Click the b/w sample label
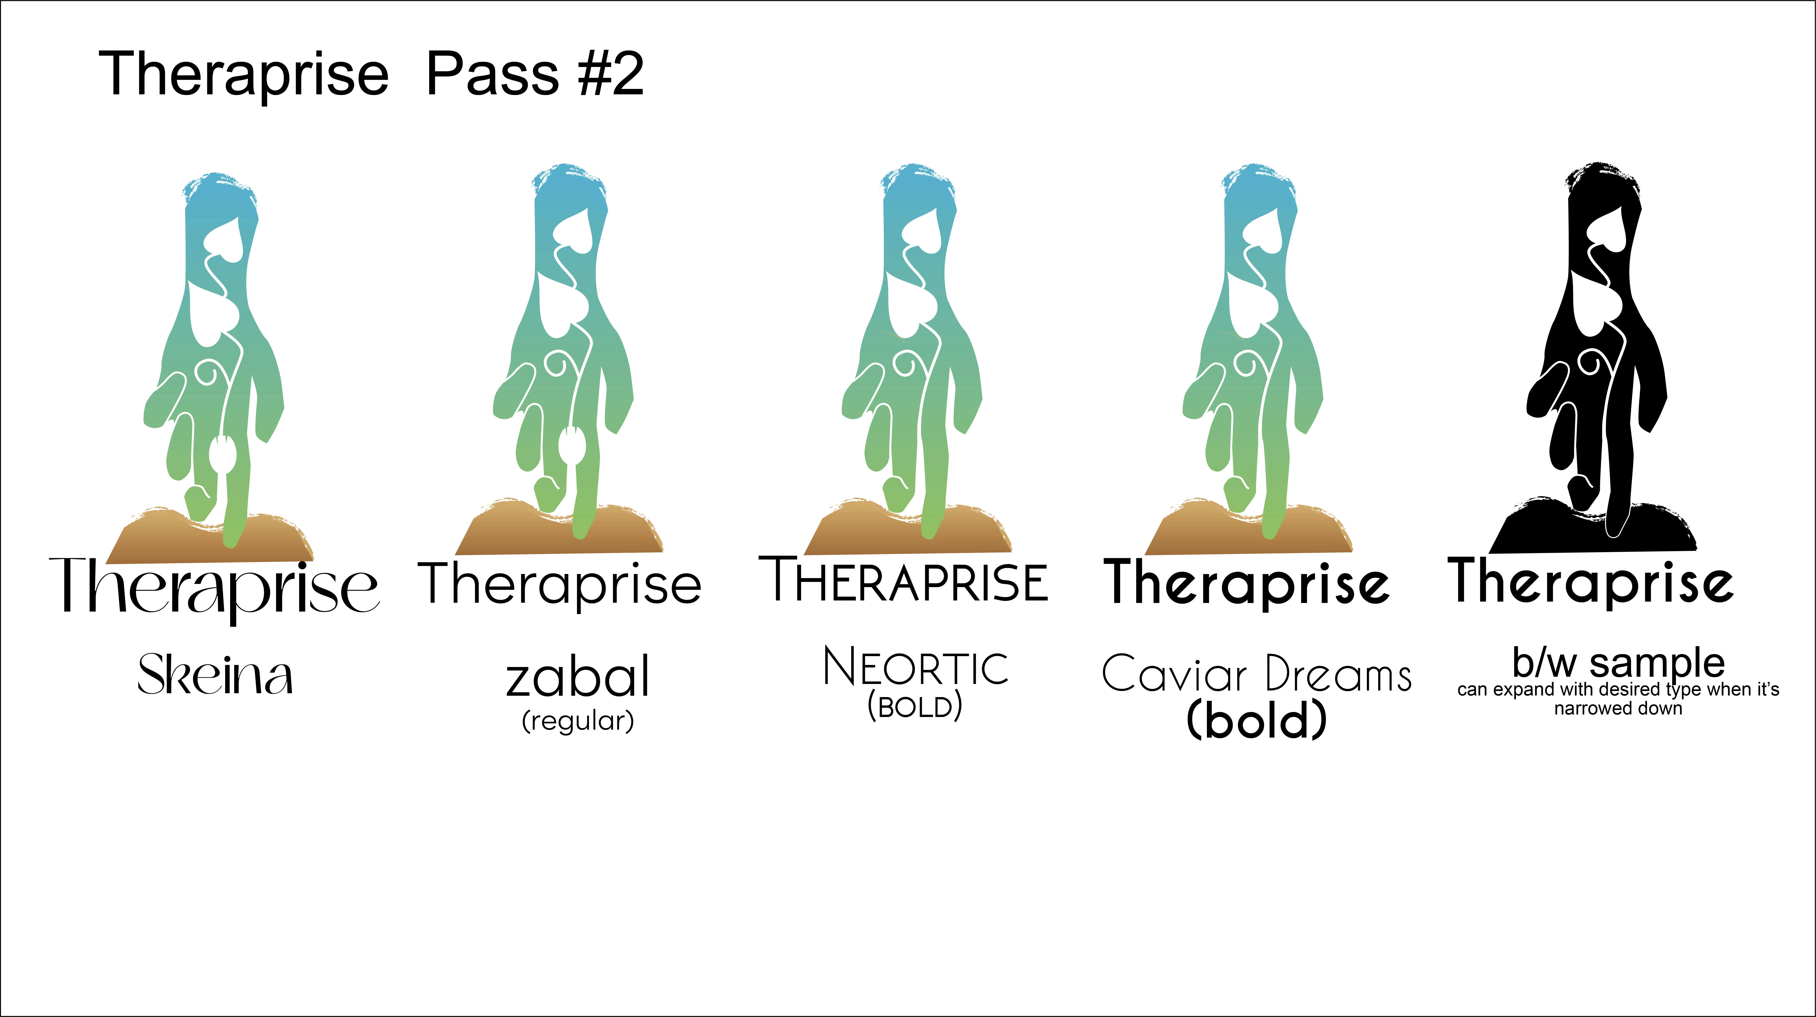[x=1619, y=663]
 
